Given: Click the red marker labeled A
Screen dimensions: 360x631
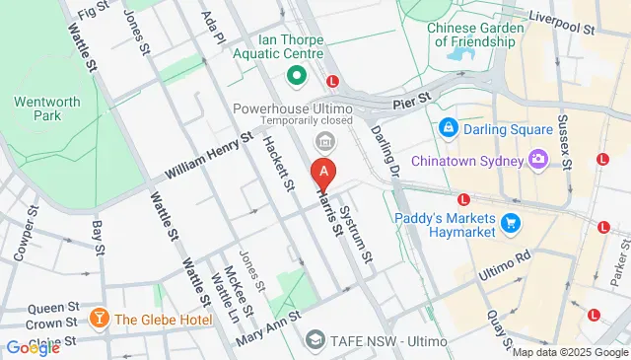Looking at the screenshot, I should (323, 173).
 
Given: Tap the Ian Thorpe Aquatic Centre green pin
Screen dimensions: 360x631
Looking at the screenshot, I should (294, 75).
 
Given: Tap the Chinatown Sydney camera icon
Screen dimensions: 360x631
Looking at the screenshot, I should (538, 159).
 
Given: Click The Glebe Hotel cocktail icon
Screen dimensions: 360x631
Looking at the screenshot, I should (100, 318).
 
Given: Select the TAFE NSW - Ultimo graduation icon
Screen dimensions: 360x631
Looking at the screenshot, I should (315, 339).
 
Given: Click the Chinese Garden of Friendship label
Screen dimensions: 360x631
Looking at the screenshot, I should (472, 35).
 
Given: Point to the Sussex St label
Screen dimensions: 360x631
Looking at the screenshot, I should (565, 142).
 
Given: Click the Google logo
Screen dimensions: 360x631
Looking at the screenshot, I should (33, 347).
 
